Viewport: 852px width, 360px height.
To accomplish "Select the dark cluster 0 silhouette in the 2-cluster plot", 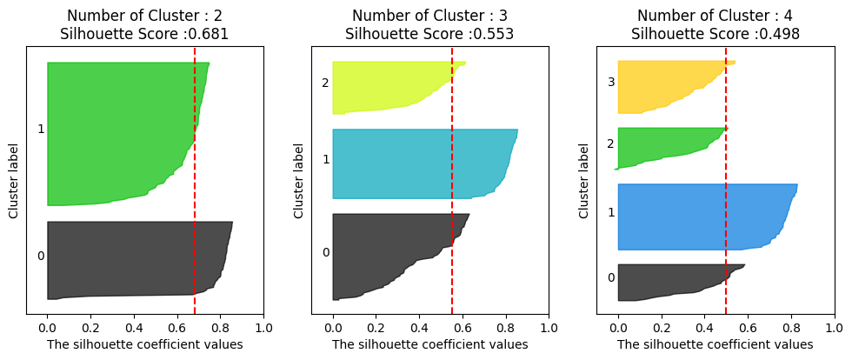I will [130, 258].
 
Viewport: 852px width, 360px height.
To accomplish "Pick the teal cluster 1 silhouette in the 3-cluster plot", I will [417, 163].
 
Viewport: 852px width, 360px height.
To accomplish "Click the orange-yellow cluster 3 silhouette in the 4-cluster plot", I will [665, 85].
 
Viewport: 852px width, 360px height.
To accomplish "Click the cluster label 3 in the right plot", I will [610, 83].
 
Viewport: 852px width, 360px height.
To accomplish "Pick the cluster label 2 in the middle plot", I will [325, 83].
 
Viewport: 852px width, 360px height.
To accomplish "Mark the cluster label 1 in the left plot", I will [41, 130].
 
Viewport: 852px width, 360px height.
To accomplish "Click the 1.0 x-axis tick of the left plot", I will [263, 329].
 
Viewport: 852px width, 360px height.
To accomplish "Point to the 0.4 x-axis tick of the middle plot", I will [419, 329].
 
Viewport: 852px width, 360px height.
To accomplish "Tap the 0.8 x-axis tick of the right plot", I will [790, 329].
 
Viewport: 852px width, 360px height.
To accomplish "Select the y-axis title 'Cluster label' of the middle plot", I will [298, 181].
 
